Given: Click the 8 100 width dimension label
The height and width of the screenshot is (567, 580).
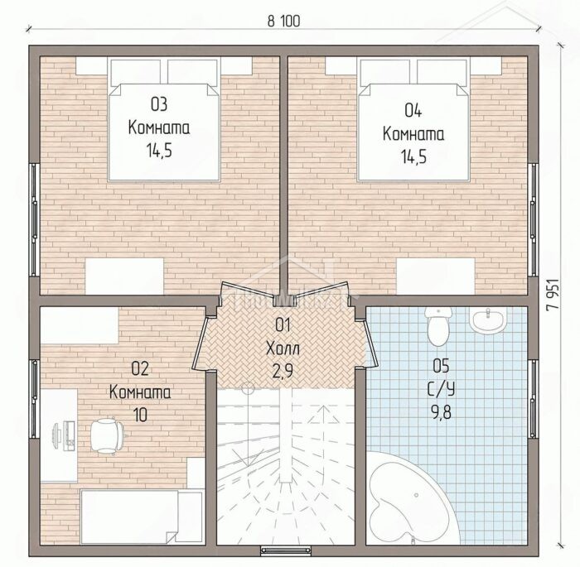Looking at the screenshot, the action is click(x=283, y=22).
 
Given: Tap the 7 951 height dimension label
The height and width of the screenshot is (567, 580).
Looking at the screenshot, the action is click(x=553, y=293).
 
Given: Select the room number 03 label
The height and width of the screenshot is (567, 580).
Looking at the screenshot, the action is click(x=159, y=104).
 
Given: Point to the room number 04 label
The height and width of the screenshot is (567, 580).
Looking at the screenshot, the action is click(x=413, y=111).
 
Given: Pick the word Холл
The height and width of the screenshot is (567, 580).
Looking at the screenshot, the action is click(x=283, y=348).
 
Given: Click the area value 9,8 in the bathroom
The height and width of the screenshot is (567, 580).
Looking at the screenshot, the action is click(x=442, y=412).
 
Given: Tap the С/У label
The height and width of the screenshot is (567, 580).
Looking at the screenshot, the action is click(x=442, y=389).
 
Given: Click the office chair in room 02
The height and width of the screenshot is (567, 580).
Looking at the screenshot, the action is click(x=107, y=435).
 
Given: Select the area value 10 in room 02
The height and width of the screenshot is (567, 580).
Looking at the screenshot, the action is click(x=140, y=415).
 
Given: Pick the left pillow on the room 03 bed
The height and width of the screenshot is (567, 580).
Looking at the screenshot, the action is click(x=136, y=70).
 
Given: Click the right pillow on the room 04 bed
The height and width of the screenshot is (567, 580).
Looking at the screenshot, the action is click(x=442, y=70).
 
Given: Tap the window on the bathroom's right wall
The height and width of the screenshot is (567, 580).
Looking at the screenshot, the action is click(x=533, y=398).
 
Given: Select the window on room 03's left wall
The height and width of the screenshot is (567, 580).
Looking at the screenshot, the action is click(x=35, y=219).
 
